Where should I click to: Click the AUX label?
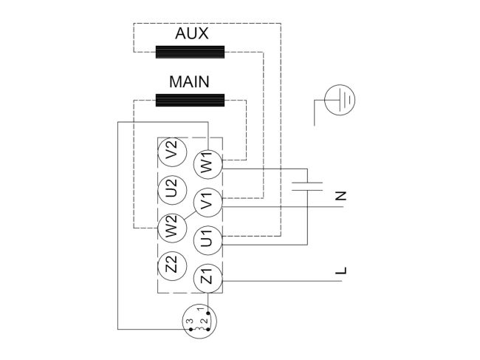(x=191, y=34)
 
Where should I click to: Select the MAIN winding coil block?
(x=191, y=100)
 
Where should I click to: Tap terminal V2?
(x=171, y=154)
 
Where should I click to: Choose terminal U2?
(x=171, y=190)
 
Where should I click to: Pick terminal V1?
(x=207, y=200)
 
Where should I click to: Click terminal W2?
(x=171, y=226)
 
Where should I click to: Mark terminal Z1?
(x=207, y=279)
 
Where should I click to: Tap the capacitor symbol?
(x=307, y=185)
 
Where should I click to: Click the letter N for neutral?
(x=340, y=196)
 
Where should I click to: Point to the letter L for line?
(x=340, y=272)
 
